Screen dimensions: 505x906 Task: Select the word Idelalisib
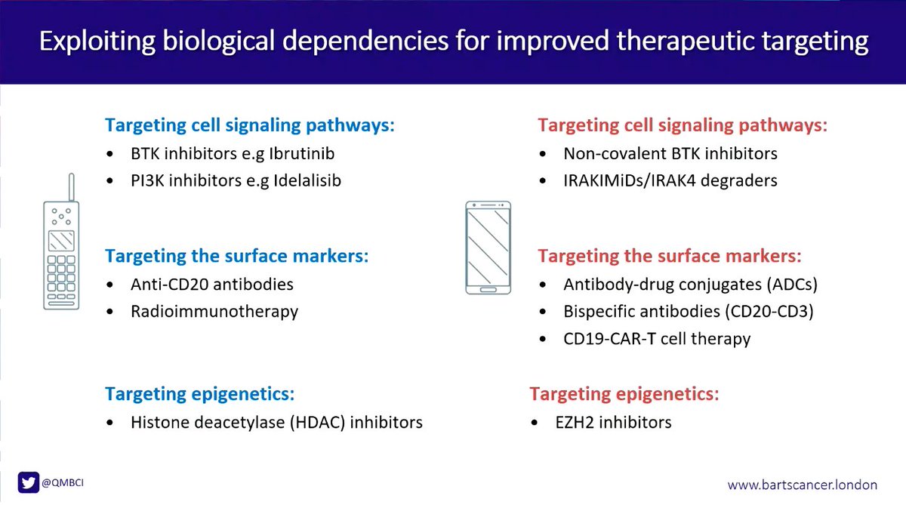tap(298, 181)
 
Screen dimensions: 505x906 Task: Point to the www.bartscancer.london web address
tap(807, 484)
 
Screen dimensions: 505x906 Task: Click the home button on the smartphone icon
tap(488, 289)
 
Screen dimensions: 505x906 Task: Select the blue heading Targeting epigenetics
tap(199, 394)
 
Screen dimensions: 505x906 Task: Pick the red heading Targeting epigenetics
tap(624, 394)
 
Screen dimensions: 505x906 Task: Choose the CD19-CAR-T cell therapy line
tap(657, 338)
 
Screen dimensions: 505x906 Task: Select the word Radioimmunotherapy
tap(214, 311)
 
